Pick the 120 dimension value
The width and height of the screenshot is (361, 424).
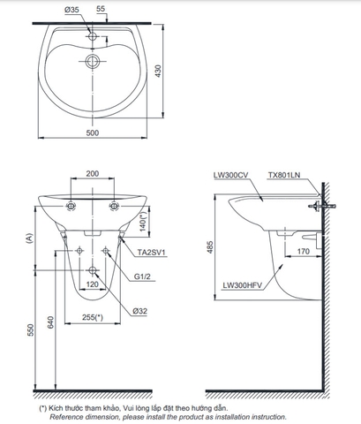click(x=92, y=286)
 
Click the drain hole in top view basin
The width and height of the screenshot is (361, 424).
click(x=92, y=61)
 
